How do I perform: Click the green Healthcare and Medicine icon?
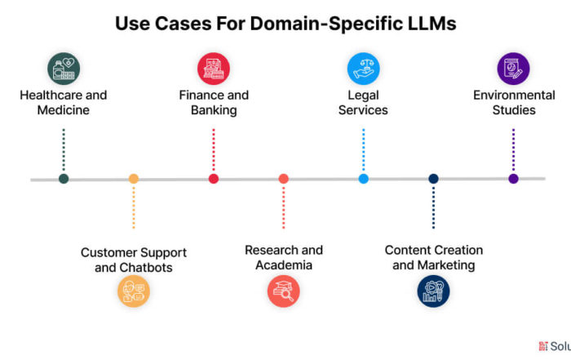[64, 69]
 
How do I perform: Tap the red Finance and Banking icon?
[214, 69]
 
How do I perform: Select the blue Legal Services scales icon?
[364, 69]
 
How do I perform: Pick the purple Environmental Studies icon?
[513, 69]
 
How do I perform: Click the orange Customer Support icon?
[134, 291]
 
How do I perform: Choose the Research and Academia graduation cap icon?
[284, 291]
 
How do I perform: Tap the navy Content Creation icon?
[433, 291]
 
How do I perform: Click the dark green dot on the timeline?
[64, 179]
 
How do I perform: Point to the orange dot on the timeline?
[134, 179]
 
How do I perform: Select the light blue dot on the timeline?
[364, 179]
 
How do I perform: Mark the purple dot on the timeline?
[513, 179]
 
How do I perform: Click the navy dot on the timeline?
[433, 179]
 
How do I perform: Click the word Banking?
[214, 110]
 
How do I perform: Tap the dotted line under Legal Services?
[364, 149]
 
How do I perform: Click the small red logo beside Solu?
[543, 346]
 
